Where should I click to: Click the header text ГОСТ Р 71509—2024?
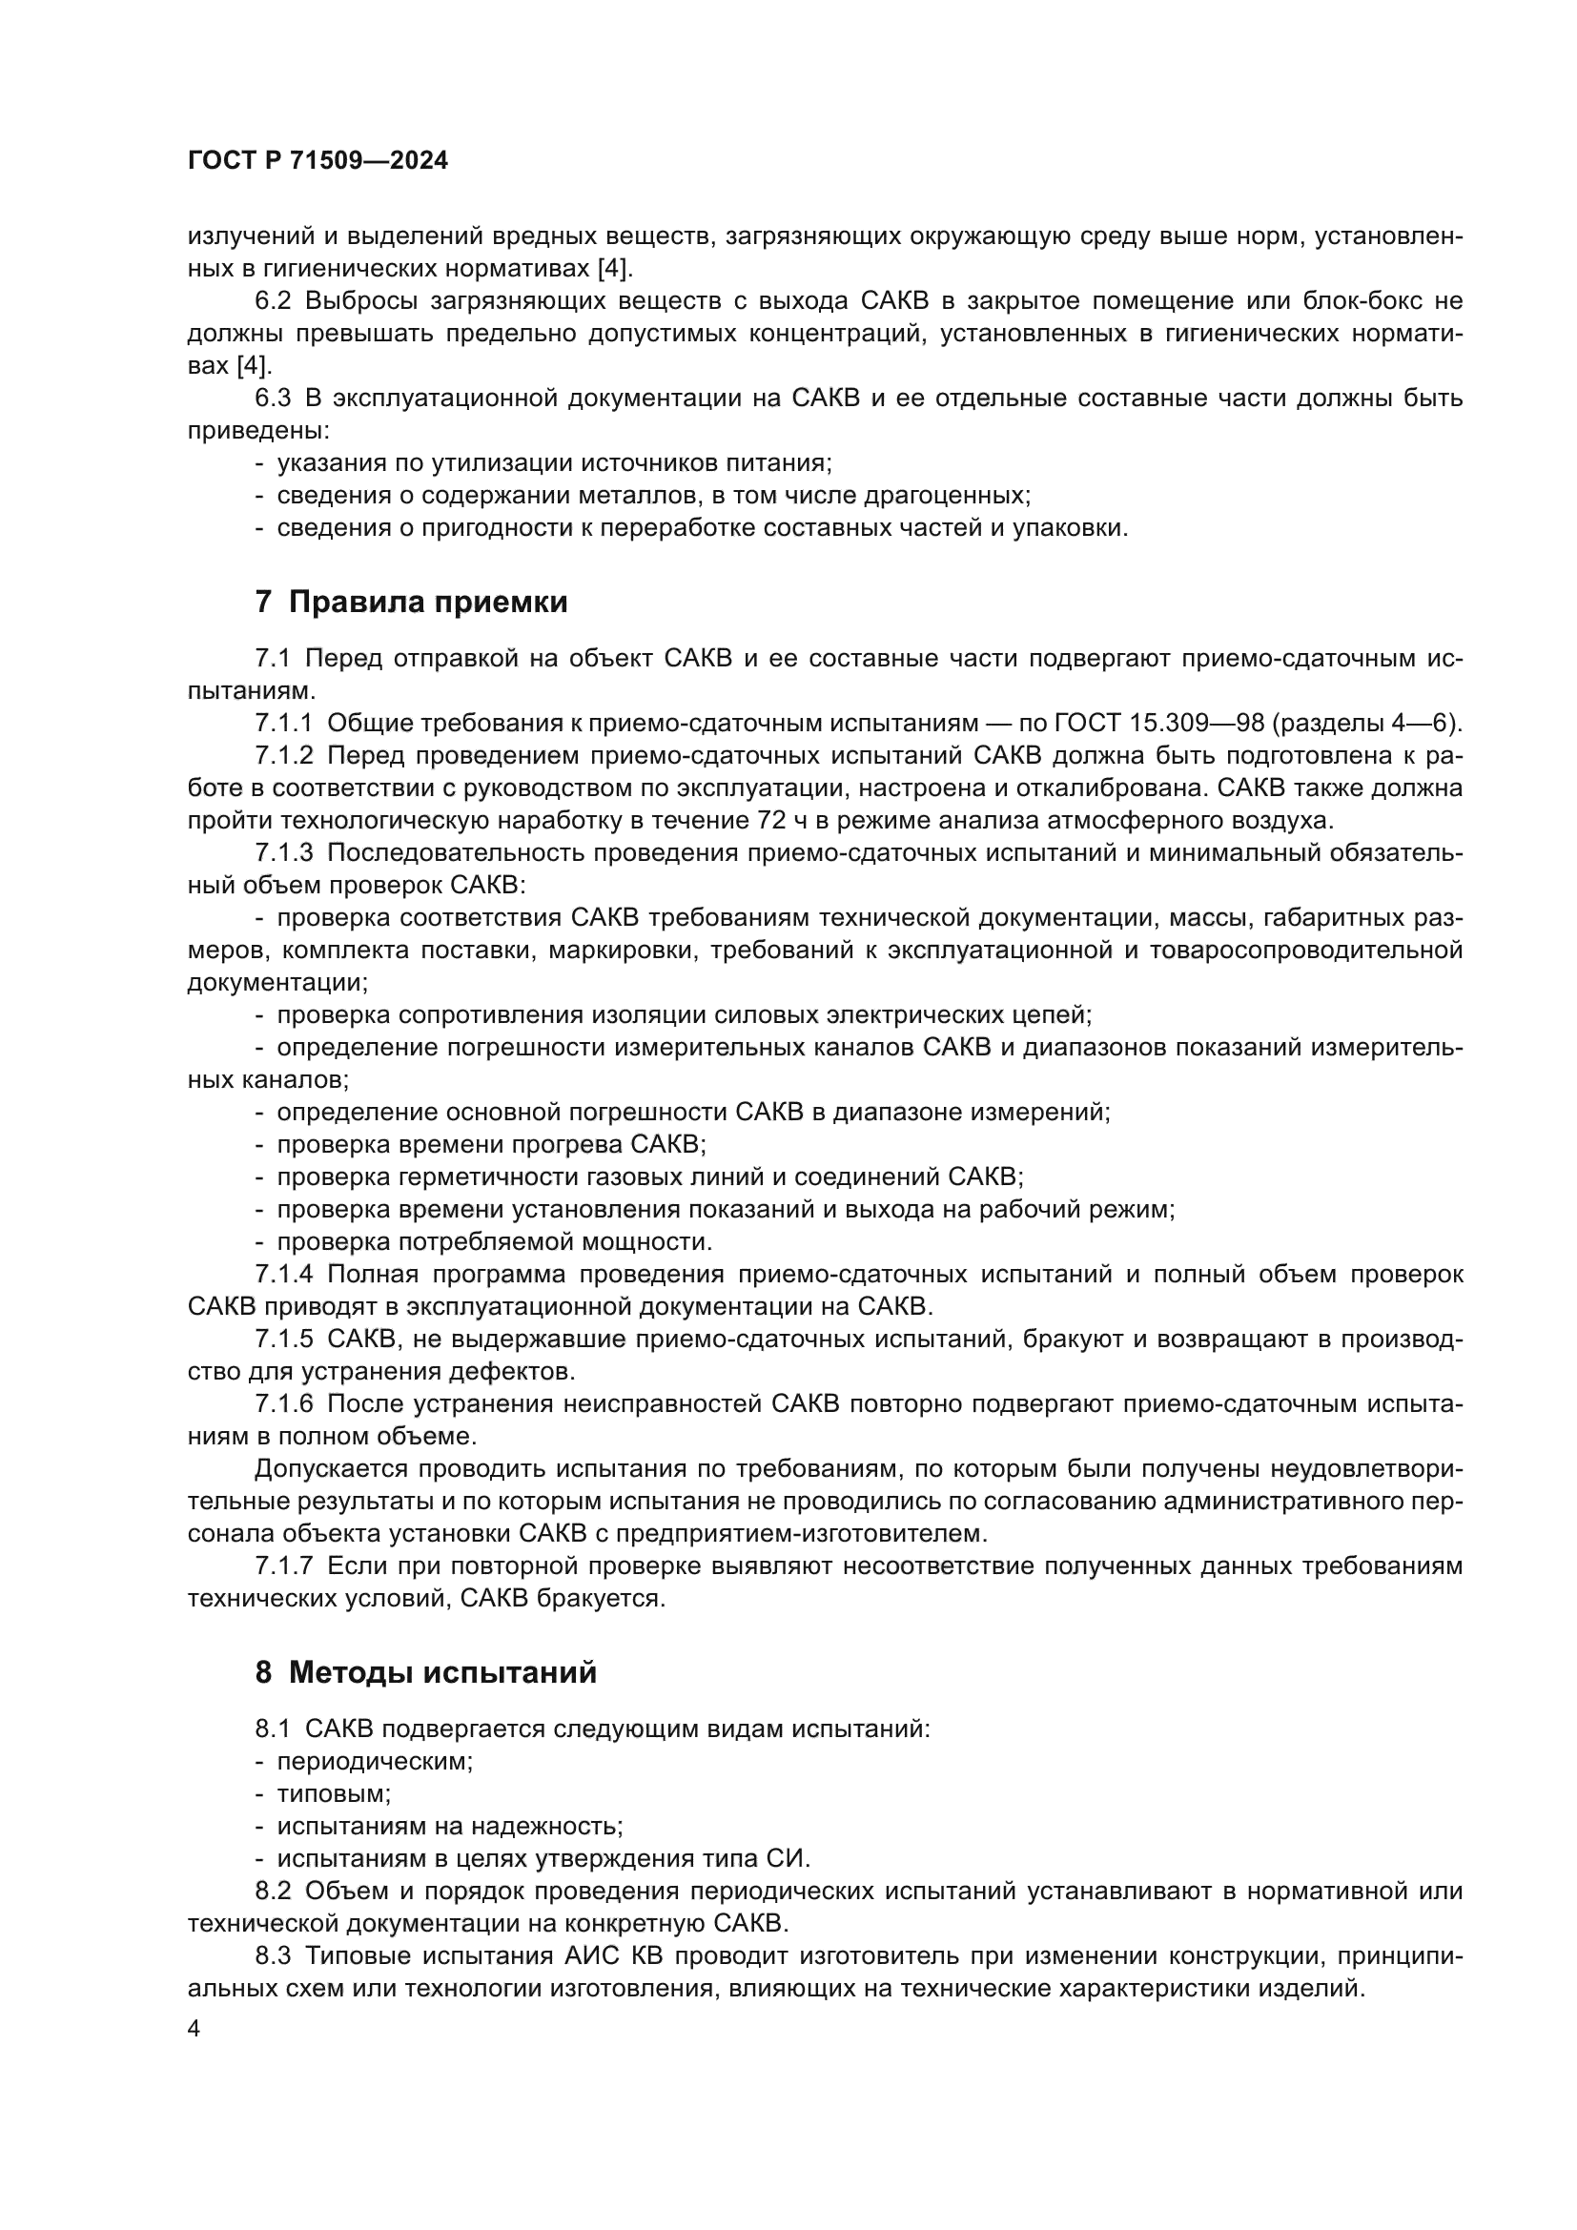(317, 161)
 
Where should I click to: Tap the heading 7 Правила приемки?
(411, 603)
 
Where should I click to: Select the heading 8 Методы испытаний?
(425, 1672)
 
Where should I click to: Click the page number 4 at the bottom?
(194, 2029)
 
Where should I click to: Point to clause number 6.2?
(272, 301)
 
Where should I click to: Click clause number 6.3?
(272, 399)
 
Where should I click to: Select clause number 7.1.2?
(283, 755)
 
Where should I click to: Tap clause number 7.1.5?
(283, 1339)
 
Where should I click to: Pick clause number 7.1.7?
(283, 1565)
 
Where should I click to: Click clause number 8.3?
(272, 1955)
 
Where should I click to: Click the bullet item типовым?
(333, 1793)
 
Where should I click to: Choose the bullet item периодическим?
(374, 1760)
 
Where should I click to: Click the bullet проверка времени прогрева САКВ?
(490, 1144)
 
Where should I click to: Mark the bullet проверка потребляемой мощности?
(494, 1241)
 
